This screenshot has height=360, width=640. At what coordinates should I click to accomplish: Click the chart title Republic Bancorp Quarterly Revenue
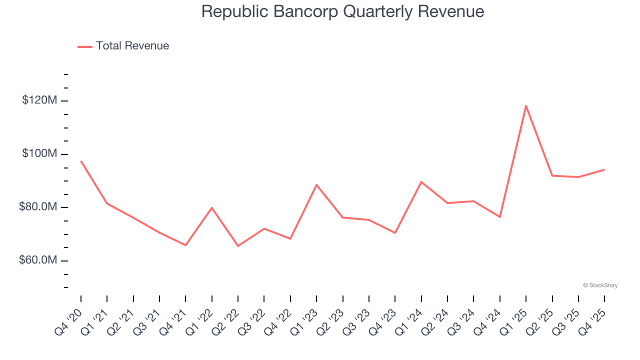[342, 11]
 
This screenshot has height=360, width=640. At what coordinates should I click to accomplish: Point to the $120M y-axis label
[39, 100]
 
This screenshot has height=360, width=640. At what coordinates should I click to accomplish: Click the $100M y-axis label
[39, 153]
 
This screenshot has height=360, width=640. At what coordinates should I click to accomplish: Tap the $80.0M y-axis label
[38, 207]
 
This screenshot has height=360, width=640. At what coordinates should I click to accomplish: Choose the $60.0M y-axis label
[38, 260]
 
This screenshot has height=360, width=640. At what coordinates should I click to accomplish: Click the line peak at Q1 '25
[526, 105]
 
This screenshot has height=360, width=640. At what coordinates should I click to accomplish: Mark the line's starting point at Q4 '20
[81, 161]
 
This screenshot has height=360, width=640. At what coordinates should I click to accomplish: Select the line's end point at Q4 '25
[604, 169]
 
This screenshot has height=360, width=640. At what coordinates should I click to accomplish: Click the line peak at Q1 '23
[316, 184]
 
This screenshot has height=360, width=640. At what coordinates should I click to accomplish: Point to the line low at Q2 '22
[238, 246]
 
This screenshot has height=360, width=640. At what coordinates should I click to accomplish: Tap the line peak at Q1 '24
[421, 181]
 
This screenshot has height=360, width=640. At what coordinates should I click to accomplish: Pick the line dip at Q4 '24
[500, 217]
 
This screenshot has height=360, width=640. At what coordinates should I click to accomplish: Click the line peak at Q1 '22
[212, 207]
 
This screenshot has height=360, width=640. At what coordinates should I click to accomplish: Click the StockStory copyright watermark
[600, 285]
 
